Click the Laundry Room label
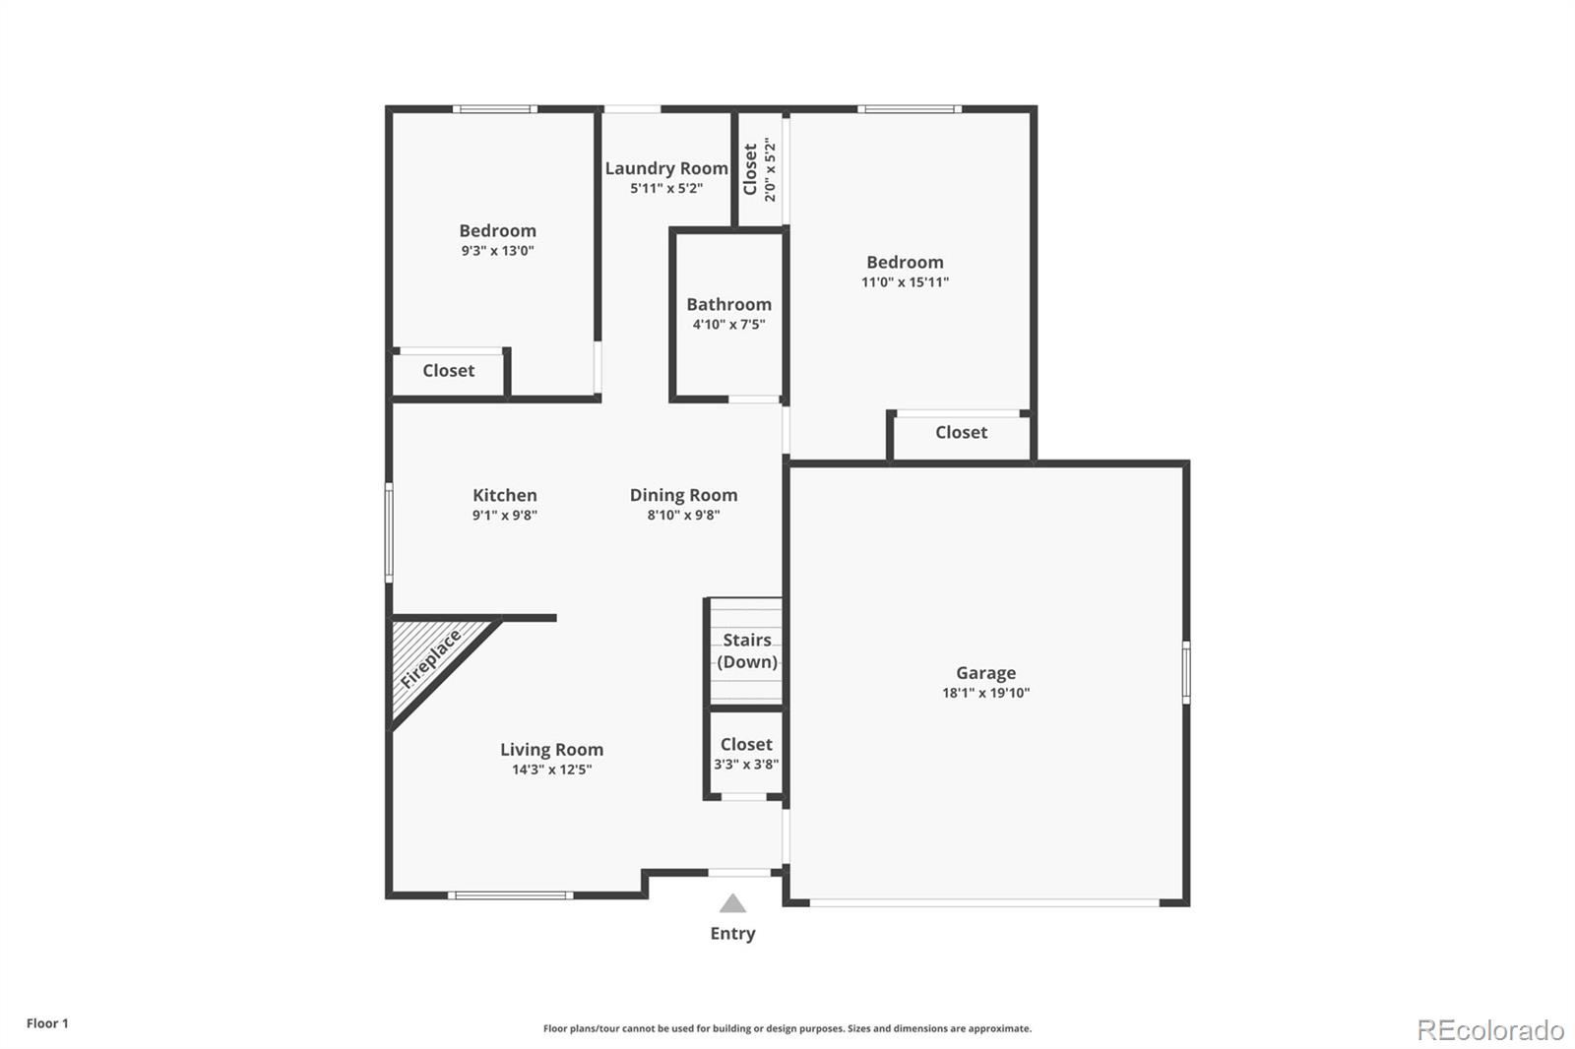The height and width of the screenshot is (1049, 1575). coord(665,168)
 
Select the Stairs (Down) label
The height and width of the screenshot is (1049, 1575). coord(747,650)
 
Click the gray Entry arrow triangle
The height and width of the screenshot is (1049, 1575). coord(732,902)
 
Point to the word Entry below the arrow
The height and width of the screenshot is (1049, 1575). coord(732,934)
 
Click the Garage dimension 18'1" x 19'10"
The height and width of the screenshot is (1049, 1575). coord(985,693)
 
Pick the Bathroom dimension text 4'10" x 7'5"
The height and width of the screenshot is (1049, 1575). coord(728,324)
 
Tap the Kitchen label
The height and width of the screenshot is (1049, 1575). coord(504,495)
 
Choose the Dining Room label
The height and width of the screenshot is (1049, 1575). coord(683,495)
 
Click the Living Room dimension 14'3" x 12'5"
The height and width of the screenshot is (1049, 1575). coord(551,770)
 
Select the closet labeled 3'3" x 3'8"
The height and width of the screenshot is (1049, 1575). coord(746,753)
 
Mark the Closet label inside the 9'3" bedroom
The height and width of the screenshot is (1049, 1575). coord(448,371)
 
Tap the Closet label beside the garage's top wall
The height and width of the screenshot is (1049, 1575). coord(961,432)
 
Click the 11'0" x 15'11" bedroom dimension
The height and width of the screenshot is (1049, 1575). coord(905,282)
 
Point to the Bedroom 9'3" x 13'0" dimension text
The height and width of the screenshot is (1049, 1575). coord(498,250)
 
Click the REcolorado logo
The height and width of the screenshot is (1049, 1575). coord(1490,1030)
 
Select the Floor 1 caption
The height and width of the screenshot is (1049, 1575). coord(48,1023)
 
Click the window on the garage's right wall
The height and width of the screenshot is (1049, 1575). coord(1185,671)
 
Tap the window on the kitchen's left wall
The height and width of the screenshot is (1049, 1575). coord(389,532)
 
